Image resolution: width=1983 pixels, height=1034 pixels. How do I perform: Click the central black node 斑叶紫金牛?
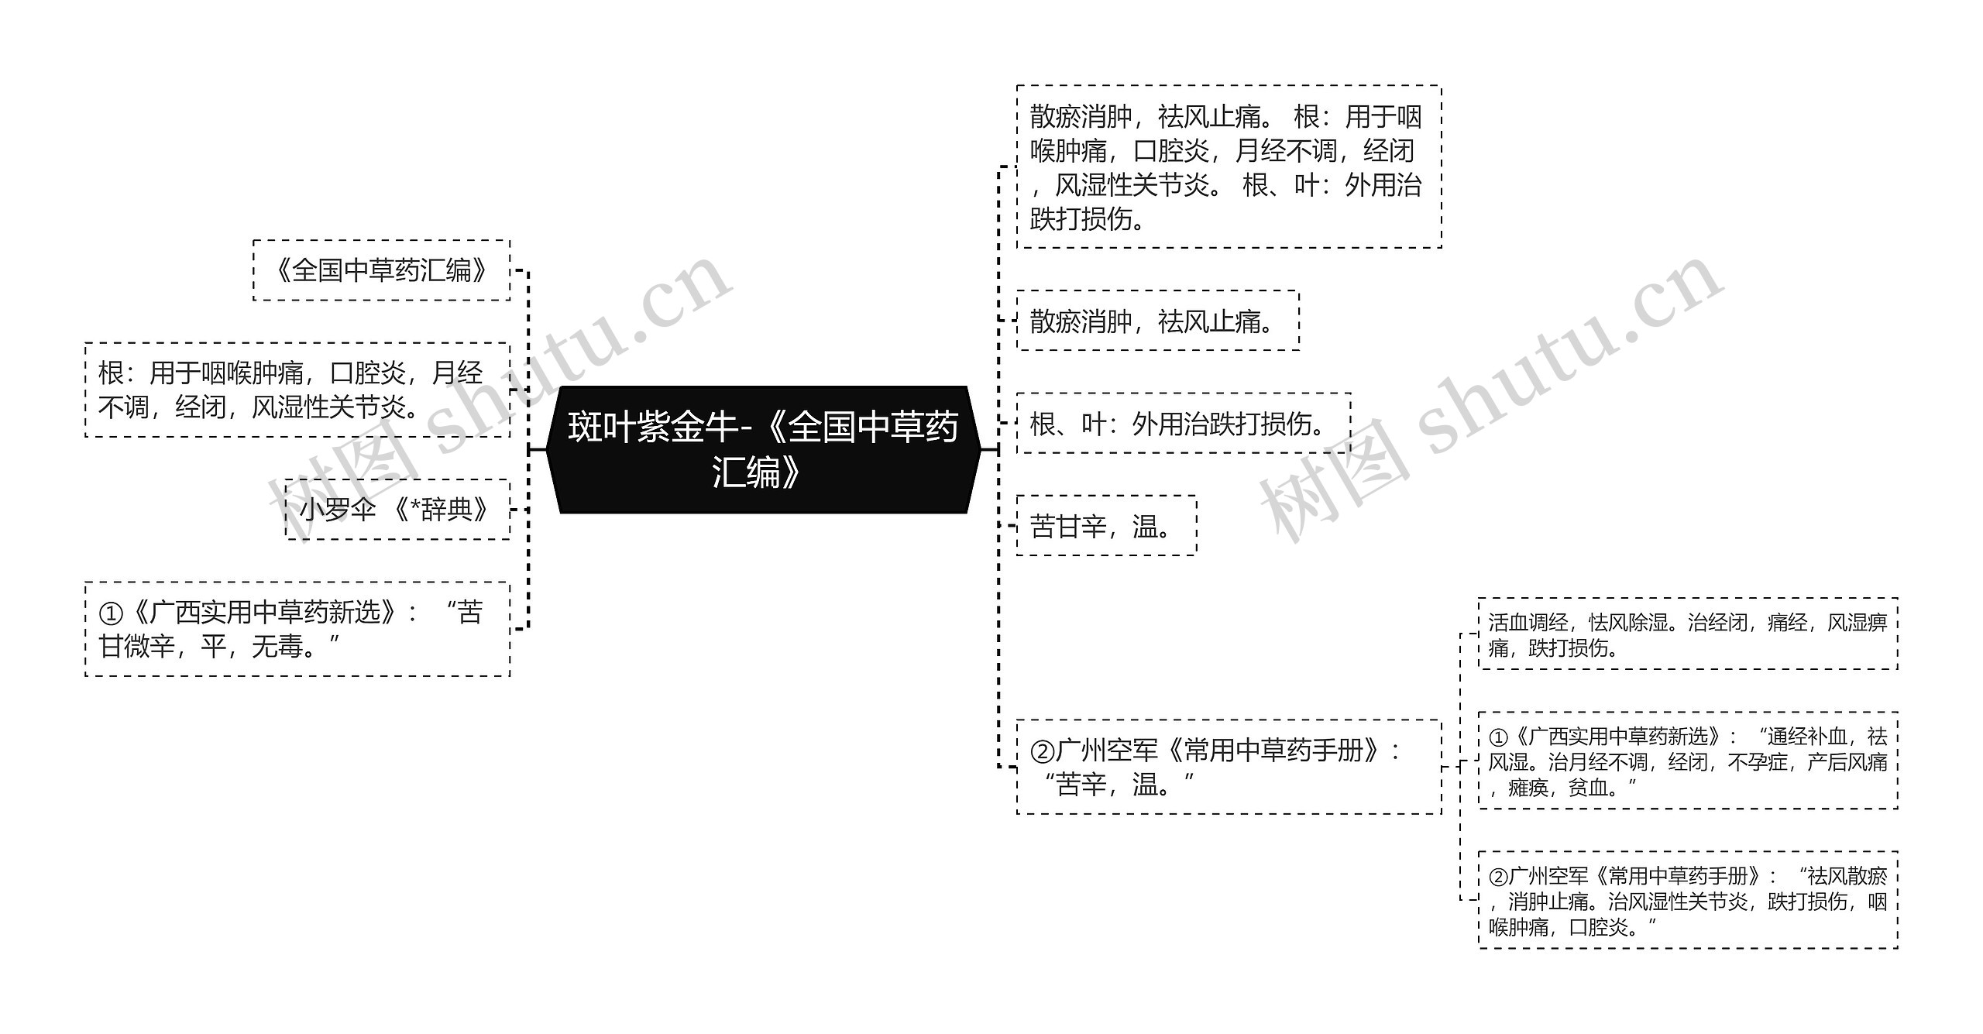(x=763, y=449)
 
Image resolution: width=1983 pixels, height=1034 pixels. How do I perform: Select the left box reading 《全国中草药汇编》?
(x=381, y=270)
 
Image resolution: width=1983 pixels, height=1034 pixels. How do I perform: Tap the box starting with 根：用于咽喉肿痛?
(x=297, y=390)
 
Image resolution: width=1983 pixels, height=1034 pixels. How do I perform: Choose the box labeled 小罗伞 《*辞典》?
(x=397, y=510)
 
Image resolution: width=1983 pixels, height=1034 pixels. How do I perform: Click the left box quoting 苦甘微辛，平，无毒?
(x=297, y=629)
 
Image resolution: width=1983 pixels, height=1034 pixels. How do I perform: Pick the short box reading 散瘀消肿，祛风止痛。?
(x=1157, y=321)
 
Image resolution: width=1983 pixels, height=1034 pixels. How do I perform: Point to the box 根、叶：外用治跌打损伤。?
(x=1183, y=424)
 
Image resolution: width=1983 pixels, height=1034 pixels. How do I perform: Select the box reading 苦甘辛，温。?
(x=1106, y=526)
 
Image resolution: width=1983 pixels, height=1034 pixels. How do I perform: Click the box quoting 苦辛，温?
(x=1229, y=767)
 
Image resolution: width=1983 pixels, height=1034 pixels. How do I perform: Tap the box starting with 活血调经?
(x=1688, y=634)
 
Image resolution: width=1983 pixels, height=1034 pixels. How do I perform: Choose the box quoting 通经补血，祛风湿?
(x=1688, y=761)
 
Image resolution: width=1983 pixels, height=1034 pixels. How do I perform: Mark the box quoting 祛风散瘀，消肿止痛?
(x=1688, y=900)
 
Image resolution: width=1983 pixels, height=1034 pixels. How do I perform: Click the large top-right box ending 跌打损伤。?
(x=1229, y=167)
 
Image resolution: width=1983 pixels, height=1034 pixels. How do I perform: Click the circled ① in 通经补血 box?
(x=1498, y=737)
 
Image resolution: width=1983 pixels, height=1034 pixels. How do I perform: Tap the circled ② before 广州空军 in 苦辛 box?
(x=1042, y=751)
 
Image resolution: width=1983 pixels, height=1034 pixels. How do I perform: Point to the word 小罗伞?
(x=338, y=510)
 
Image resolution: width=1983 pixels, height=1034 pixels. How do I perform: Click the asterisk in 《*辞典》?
(x=414, y=508)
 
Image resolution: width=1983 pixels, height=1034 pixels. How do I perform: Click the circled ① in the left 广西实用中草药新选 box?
(x=111, y=613)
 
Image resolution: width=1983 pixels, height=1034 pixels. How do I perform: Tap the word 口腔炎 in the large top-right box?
(x=1171, y=151)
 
